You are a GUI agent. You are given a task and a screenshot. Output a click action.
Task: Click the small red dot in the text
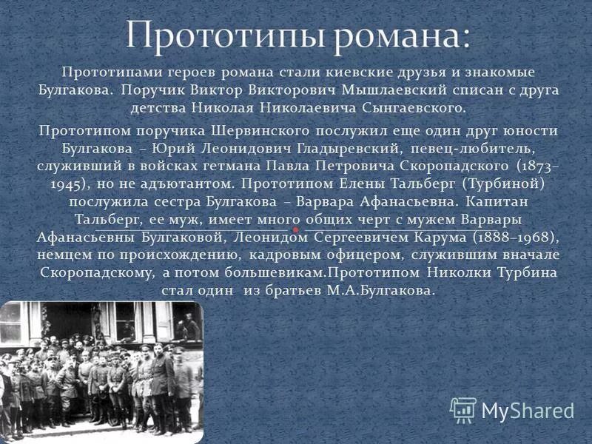(295, 229)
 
